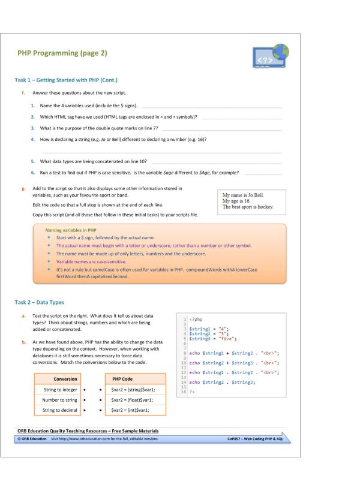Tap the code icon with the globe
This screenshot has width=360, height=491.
pyautogui.click(x=271, y=55)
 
